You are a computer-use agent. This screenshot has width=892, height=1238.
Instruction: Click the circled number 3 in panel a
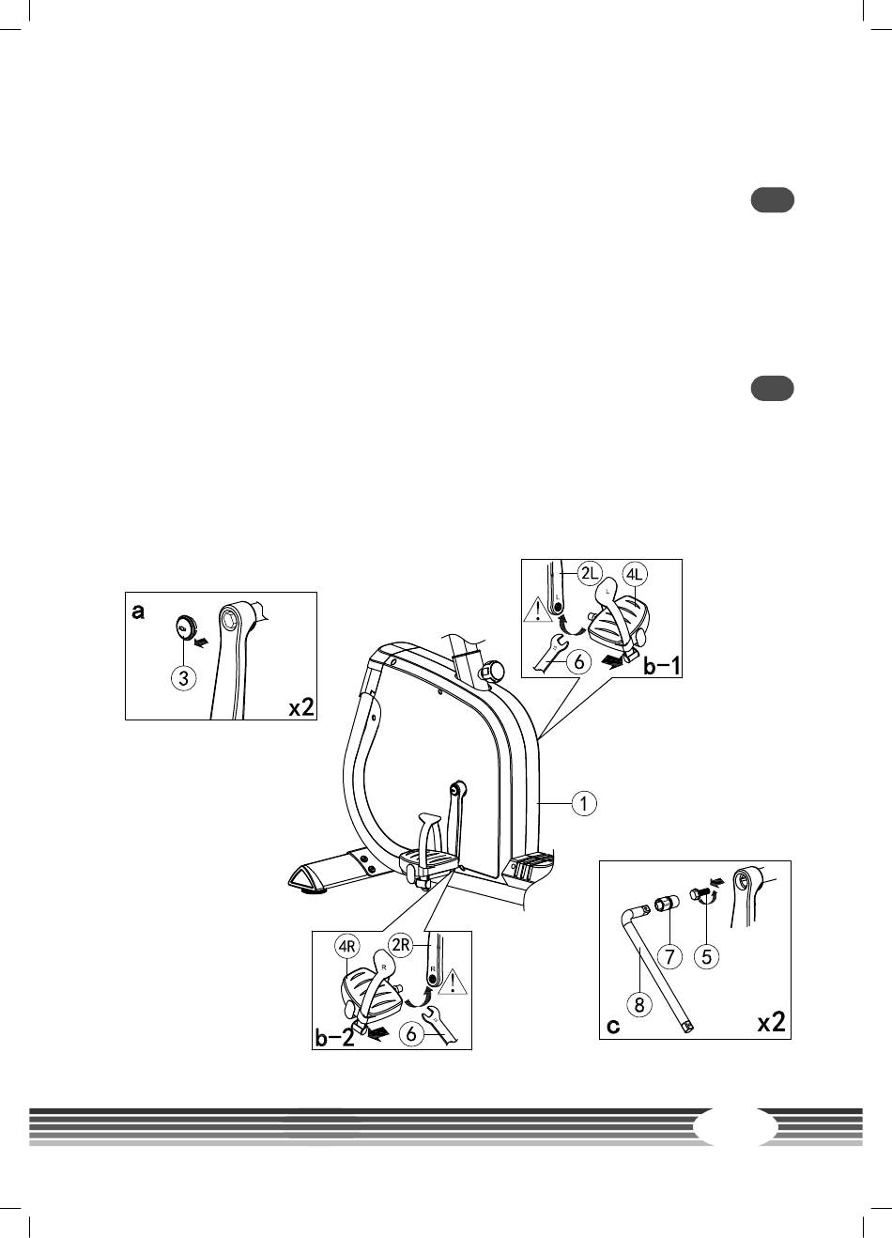pos(184,677)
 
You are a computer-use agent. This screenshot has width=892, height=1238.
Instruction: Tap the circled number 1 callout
pos(584,803)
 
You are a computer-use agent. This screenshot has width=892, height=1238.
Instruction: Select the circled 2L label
pos(589,573)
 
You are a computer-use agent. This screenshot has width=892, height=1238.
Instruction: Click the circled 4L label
pos(637,574)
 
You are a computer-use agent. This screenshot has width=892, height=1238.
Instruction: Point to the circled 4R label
pos(347,946)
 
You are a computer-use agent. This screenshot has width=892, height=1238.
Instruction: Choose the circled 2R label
pos(401,945)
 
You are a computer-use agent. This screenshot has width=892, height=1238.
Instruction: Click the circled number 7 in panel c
pos(669,956)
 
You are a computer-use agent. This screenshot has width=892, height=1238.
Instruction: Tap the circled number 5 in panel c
pos(706,956)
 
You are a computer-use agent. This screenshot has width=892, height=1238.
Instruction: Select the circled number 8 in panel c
pos(639,1004)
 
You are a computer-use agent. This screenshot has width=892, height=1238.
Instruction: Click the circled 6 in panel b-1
pos(579,662)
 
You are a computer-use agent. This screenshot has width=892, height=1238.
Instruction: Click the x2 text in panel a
pos(300,706)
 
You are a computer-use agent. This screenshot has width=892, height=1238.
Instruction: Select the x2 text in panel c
pos(771,1022)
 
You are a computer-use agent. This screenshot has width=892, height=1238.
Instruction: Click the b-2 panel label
pos(334,1038)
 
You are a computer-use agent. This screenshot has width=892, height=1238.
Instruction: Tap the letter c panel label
pos(613,1026)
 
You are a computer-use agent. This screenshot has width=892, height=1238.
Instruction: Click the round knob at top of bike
pos(490,669)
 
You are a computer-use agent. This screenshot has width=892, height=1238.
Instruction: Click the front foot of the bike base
pos(312,877)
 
